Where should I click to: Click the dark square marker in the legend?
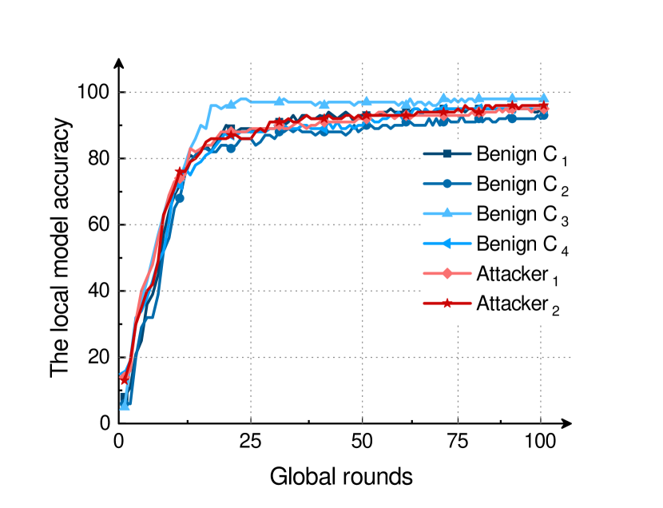(x=447, y=153)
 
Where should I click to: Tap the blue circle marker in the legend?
(x=447, y=184)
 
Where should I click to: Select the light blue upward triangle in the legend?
(x=447, y=213)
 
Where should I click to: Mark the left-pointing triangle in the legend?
(x=447, y=244)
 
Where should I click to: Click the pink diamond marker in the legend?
(x=447, y=274)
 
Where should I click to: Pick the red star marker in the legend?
(x=447, y=304)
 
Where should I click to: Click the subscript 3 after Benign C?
(x=564, y=221)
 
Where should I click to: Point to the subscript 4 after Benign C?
(x=564, y=252)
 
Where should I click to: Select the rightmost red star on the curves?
(x=544, y=108)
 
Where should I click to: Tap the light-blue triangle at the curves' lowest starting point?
(x=125, y=405)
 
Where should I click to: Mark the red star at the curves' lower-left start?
(x=124, y=379)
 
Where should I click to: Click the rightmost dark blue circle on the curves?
(x=544, y=116)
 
